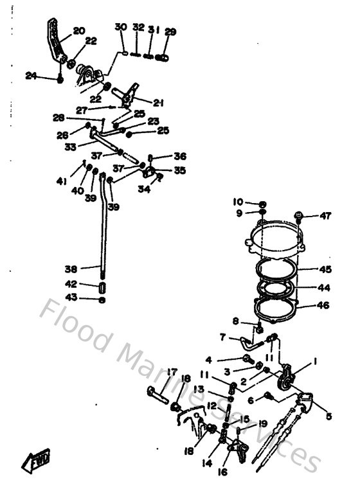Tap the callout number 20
pyautogui.click(x=78, y=30)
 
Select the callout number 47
pyautogui.click(x=325, y=216)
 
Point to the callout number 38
pyautogui.click(x=71, y=269)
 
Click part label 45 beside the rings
pyautogui.click(x=326, y=269)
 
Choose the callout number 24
pyautogui.click(x=31, y=76)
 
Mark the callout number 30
pyautogui.click(x=120, y=27)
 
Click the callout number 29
pyautogui.click(x=170, y=31)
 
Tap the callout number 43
pyautogui.click(x=71, y=297)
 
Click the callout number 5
pyautogui.click(x=328, y=416)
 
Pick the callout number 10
pyautogui.click(x=238, y=202)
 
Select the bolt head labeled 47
pyautogui.click(x=299, y=217)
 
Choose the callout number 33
pyautogui.click(x=71, y=146)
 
